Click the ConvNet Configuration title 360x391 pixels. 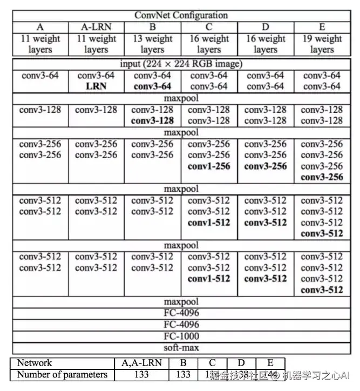pos(181,15)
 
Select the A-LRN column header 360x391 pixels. pos(96,27)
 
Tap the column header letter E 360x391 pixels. pos(322,27)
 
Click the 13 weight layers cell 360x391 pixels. pos(152,44)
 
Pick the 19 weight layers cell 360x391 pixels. pos(322,44)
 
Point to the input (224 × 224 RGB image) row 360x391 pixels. pos(181,64)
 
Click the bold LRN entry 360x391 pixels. pos(96,86)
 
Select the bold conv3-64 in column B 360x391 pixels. pos(152,86)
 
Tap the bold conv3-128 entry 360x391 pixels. pos(152,121)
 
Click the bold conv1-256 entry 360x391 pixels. pos(209,166)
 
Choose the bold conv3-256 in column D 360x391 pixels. pos(266,166)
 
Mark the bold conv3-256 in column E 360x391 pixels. pos(322,178)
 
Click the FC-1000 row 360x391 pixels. pos(181,336)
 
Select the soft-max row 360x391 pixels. pos(181,348)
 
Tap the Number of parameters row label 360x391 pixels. pos(62,374)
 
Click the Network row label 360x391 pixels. pos(35,362)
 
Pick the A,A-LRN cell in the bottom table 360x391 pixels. pos(141,362)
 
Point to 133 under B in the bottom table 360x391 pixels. pos(184,374)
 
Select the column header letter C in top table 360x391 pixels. pos(209,27)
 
